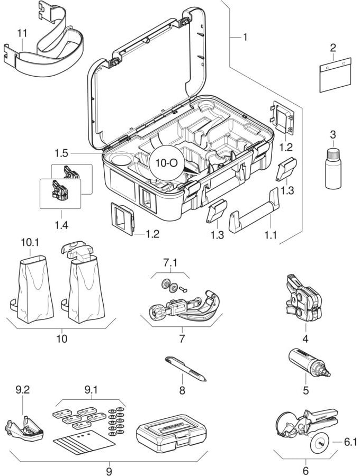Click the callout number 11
click(22, 33)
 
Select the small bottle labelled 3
click(332, 169)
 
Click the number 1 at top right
click(245, 37)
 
